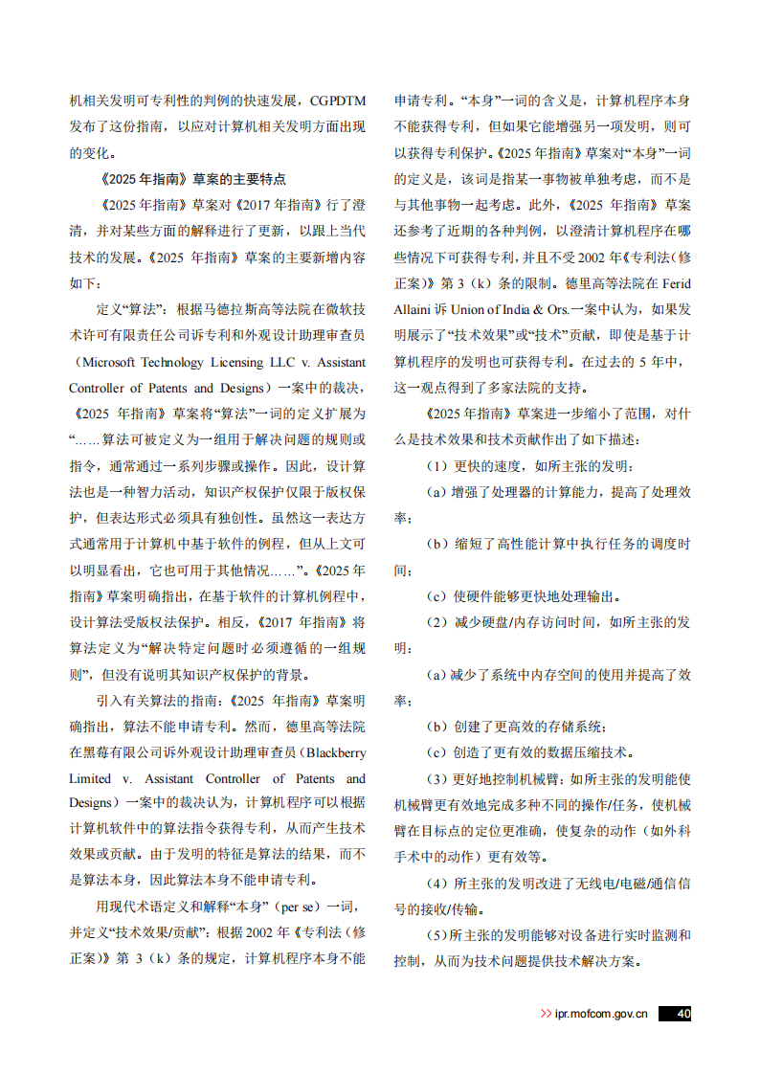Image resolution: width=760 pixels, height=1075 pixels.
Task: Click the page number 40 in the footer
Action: click(682, 1013)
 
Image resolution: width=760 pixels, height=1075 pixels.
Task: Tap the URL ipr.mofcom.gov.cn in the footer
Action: click(600, 1014)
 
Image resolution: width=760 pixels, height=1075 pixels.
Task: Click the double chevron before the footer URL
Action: click(546, 1014)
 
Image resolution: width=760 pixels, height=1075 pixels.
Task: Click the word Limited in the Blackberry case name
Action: click(92, 777)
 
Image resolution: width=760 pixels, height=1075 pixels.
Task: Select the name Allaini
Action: click(414, 309)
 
